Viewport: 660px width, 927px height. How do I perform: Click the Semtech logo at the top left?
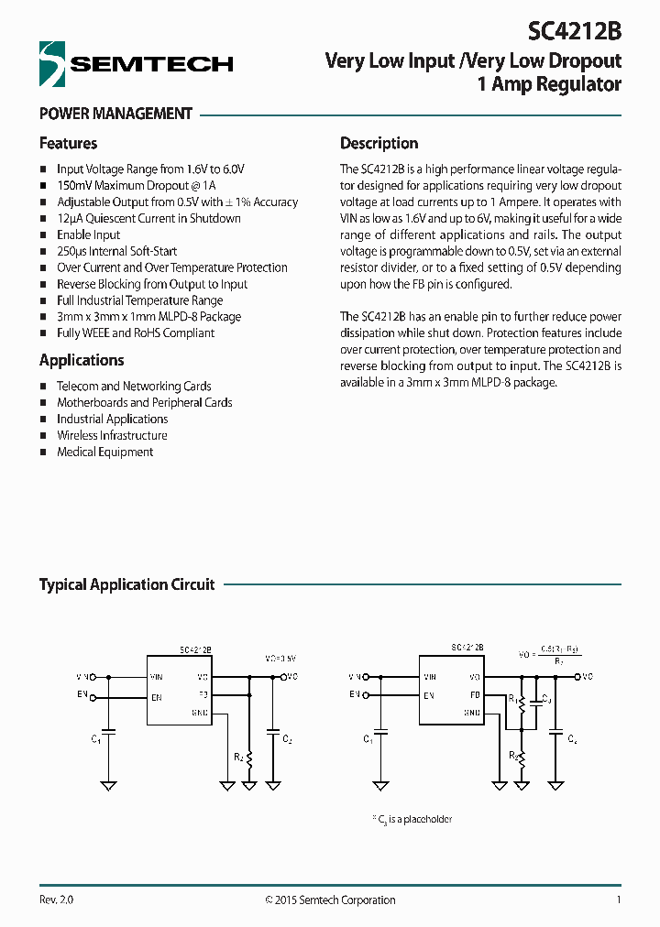(136, 64)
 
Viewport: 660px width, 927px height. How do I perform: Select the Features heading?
(68, 143)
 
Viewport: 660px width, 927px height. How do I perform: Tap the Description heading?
(379, 143)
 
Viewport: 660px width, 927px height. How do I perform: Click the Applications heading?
(82, 360)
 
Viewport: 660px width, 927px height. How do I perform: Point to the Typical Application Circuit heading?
(126, 584)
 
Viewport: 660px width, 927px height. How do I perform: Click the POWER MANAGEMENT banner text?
(115, 114)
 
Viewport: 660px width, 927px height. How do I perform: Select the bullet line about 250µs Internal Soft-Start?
(116, 251)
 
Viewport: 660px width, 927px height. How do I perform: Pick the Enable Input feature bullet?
(88, 234)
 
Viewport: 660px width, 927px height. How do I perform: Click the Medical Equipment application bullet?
(104, 452)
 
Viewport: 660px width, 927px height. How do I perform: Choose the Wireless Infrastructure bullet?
(112, 435)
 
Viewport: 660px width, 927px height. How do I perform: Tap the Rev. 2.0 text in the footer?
(56, 900)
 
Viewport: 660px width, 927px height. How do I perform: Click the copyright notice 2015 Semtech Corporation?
(330, 900)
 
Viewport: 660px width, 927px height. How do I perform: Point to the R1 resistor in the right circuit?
(520, 705)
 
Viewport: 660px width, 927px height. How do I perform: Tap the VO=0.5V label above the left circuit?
(280, 659)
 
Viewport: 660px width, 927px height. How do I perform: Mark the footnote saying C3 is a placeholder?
(412, 819)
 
